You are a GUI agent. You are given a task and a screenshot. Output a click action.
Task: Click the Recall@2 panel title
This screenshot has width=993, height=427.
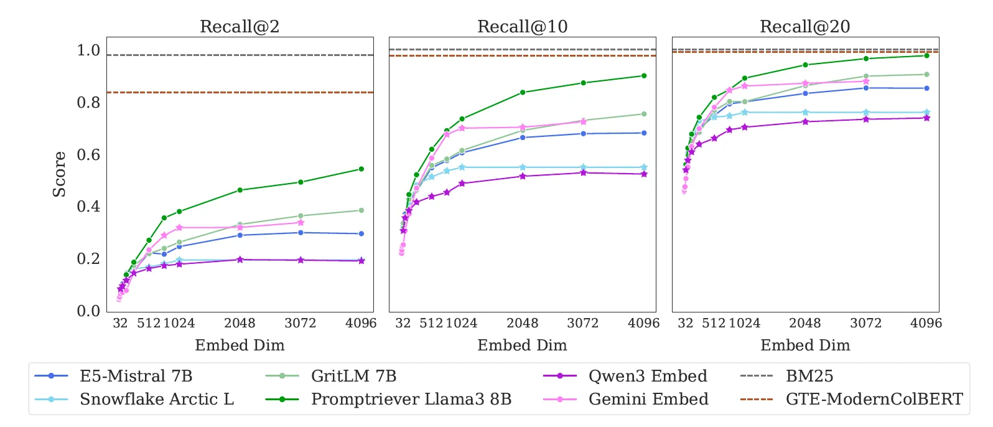tap(240, 26)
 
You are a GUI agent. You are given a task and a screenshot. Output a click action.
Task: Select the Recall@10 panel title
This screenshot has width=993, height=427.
tap(522, 26)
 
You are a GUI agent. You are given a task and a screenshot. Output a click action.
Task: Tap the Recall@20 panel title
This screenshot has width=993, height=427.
tap(804, 26)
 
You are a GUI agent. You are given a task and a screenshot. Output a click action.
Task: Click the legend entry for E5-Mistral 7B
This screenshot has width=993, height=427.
tap(136, 376)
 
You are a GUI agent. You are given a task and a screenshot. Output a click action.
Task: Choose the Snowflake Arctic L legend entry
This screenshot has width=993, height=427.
tap(156, 399)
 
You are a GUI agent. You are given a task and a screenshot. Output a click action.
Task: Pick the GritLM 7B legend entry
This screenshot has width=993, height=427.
tap(353, 376)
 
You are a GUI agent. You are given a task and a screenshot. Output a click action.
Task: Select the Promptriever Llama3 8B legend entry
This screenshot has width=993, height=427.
tap(411, 399)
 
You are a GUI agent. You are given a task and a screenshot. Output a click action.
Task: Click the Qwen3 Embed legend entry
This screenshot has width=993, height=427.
tap(647, 376)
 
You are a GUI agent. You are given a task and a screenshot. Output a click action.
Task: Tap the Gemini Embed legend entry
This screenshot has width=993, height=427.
tap(648, 399)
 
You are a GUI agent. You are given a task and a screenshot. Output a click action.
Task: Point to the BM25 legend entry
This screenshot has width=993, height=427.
tap(809, 376)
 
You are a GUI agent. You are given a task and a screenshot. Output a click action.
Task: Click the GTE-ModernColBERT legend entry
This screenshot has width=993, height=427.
tap(874, 399)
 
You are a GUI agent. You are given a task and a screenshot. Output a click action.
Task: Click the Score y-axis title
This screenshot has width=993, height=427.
tap(59, 174)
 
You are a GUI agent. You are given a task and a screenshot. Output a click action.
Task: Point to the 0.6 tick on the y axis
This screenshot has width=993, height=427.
tap(88, 154)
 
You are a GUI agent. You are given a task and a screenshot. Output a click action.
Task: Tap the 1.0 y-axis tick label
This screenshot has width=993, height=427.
tap(88, 50)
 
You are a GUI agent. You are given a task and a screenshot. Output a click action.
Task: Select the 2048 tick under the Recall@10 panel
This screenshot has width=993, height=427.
tap(522, 323)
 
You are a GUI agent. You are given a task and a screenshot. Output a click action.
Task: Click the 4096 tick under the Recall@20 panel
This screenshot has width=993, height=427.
tap(926, 323)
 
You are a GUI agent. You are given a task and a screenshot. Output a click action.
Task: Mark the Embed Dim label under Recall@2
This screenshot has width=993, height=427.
tap(240, 345)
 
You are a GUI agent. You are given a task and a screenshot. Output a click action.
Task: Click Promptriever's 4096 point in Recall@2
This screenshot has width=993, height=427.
tap(361, 169)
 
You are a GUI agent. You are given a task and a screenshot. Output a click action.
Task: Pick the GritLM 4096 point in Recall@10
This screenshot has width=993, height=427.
tap(644, 114)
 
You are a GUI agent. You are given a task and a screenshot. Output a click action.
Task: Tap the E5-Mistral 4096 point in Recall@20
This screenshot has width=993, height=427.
tap(926, 88)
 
